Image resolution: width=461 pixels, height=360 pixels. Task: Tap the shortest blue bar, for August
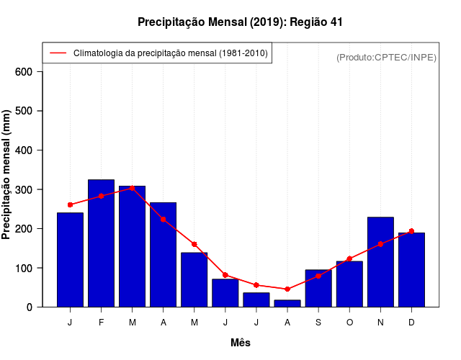[287, 303]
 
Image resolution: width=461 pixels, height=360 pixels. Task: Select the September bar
[318, 289]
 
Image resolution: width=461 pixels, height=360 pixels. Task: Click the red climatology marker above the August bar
[287, 289]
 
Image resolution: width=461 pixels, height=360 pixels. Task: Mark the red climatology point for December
[411, 231]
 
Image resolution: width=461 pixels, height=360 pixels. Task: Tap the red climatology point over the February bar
[101, 196]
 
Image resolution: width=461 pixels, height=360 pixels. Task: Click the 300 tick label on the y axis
[23, 189]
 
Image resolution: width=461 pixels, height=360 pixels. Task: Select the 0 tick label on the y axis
[29, 307]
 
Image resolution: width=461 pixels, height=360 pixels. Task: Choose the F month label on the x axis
[101, 323]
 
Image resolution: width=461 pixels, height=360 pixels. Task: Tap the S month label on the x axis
[318, 323]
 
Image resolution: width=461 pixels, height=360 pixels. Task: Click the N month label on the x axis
[380, 323]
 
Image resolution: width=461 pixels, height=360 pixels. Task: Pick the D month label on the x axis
[411, 323]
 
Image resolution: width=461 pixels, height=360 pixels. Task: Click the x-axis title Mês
[241, 343]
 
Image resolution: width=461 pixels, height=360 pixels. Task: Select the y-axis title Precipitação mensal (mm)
[7, 175]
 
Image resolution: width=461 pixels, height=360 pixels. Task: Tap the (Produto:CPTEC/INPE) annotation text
[386, 57]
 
